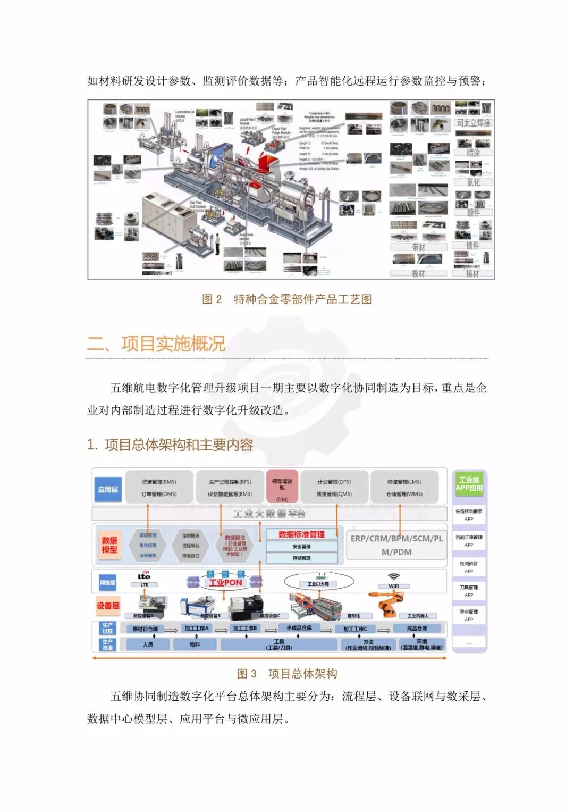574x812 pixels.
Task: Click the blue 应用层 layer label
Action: [x=108, y=489]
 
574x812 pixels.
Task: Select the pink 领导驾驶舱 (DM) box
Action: [x=282, y=487]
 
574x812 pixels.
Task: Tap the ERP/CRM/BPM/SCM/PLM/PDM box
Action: [x=396, y=545]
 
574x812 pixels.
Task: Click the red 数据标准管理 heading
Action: [x=301, y=534]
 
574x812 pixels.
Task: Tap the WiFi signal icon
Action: [x=394, y=576]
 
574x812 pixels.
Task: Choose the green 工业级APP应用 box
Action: [x=469, y=483]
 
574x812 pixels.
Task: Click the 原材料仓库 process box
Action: [x=145, y=629]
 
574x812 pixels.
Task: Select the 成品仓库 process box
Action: [x=417, y=629]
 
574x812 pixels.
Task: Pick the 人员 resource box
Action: [x=148, y=644]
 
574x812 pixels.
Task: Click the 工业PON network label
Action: [x=225, y=583]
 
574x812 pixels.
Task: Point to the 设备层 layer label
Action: [x=108, y=606]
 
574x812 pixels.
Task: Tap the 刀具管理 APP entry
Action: [x=469, y=591]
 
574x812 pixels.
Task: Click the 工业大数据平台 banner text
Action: [x=269, y=514]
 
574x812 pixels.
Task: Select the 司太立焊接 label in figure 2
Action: [x=473, y=123]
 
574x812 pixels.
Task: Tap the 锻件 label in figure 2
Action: [x=473, y=213]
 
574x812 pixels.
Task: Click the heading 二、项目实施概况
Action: [x=156, y=344]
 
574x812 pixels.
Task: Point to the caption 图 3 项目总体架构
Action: [x=287, y=674]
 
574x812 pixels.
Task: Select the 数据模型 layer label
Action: [x=109, y=545]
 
